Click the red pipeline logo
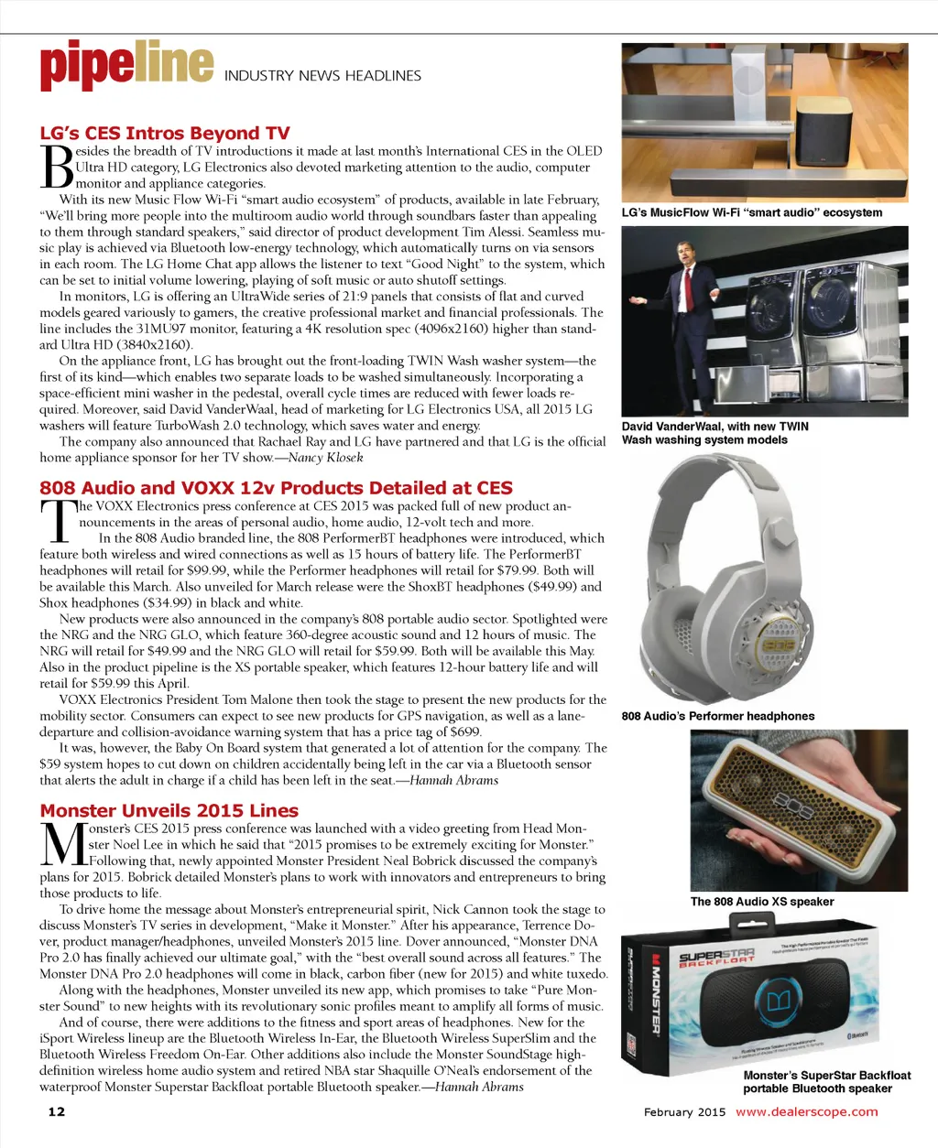126,66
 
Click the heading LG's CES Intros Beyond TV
165,134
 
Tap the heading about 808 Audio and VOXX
276,488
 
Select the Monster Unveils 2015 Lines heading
169,810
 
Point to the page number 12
57,1111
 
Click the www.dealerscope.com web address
806,1111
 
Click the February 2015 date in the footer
684,1112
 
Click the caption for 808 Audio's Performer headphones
717,716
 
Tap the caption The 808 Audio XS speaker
762,902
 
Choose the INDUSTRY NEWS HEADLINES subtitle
322,75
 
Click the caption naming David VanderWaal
714,433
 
